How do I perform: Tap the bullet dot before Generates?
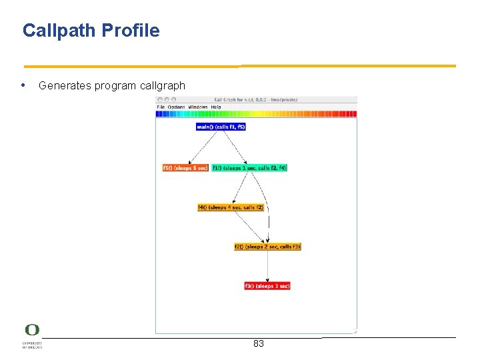[x=24, y=85]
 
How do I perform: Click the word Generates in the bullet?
[x=65, y=86]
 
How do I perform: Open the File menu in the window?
[x=161, y=107]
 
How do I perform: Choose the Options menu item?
[x=176, y=107]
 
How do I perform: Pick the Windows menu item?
[x=198, y=107]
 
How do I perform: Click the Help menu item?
[x=216, y=107]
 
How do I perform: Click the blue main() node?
[x=221, y=127]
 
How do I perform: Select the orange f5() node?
[x=185, y=168]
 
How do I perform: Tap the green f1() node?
[x=249, y=168]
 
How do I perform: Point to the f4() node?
[x=231, y=207]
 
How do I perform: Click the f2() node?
[x=267, y=247]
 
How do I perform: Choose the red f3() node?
[x=267, y=286]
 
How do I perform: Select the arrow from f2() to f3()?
[x=268, y=266]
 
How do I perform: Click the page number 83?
[x=259, y=344]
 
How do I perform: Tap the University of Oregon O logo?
[x=32, y=331]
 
